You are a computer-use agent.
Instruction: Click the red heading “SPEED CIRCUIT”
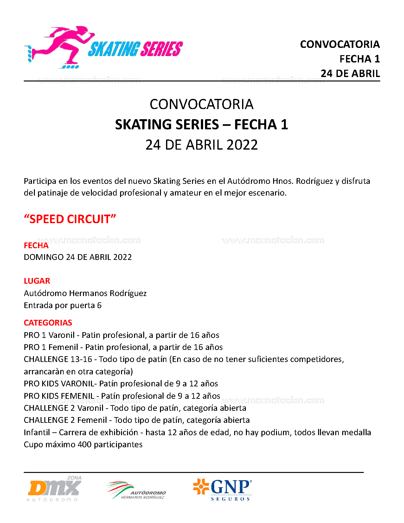70,219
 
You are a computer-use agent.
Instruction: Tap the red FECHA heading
36,245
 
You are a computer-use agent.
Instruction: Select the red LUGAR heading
37,281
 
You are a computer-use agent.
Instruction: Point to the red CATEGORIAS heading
48,323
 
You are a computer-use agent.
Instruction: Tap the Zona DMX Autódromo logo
54,489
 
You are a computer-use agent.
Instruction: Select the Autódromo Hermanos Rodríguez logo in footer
137,491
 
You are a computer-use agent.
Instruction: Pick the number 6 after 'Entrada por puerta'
99,305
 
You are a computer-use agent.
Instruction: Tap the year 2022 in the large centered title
242,145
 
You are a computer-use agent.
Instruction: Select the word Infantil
37,432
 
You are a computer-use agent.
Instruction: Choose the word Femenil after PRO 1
63,347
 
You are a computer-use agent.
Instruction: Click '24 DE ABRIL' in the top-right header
350,74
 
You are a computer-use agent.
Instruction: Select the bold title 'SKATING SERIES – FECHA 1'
202,125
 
